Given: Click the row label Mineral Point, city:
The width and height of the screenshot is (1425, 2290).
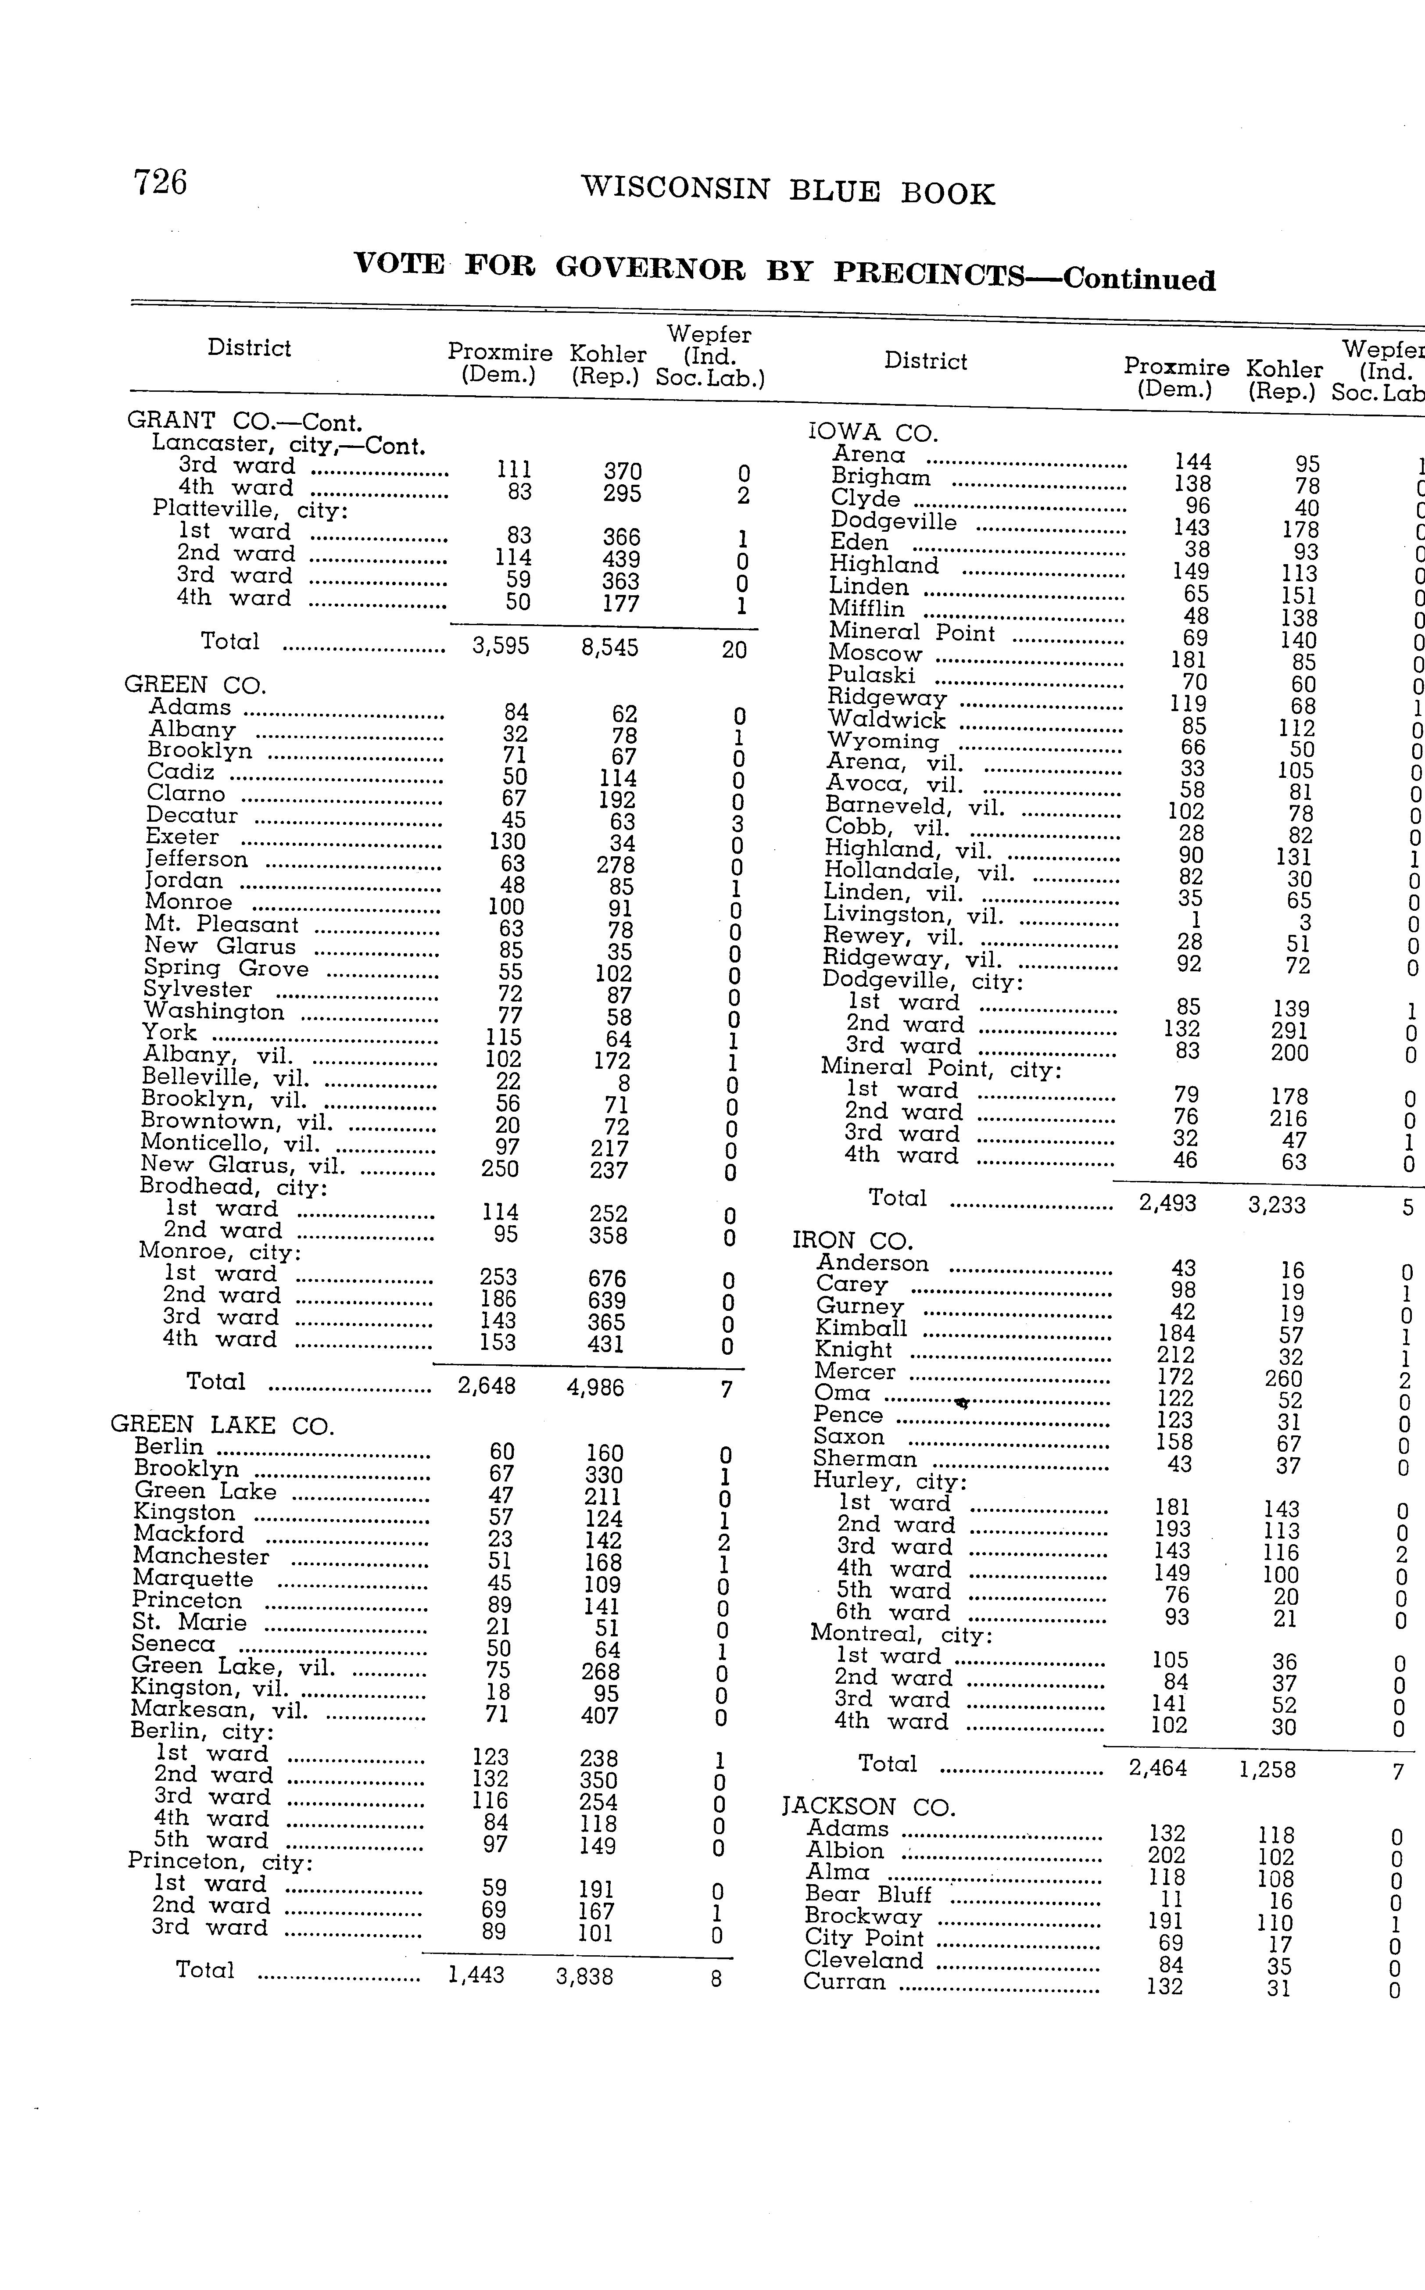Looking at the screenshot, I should [941, 1069].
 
